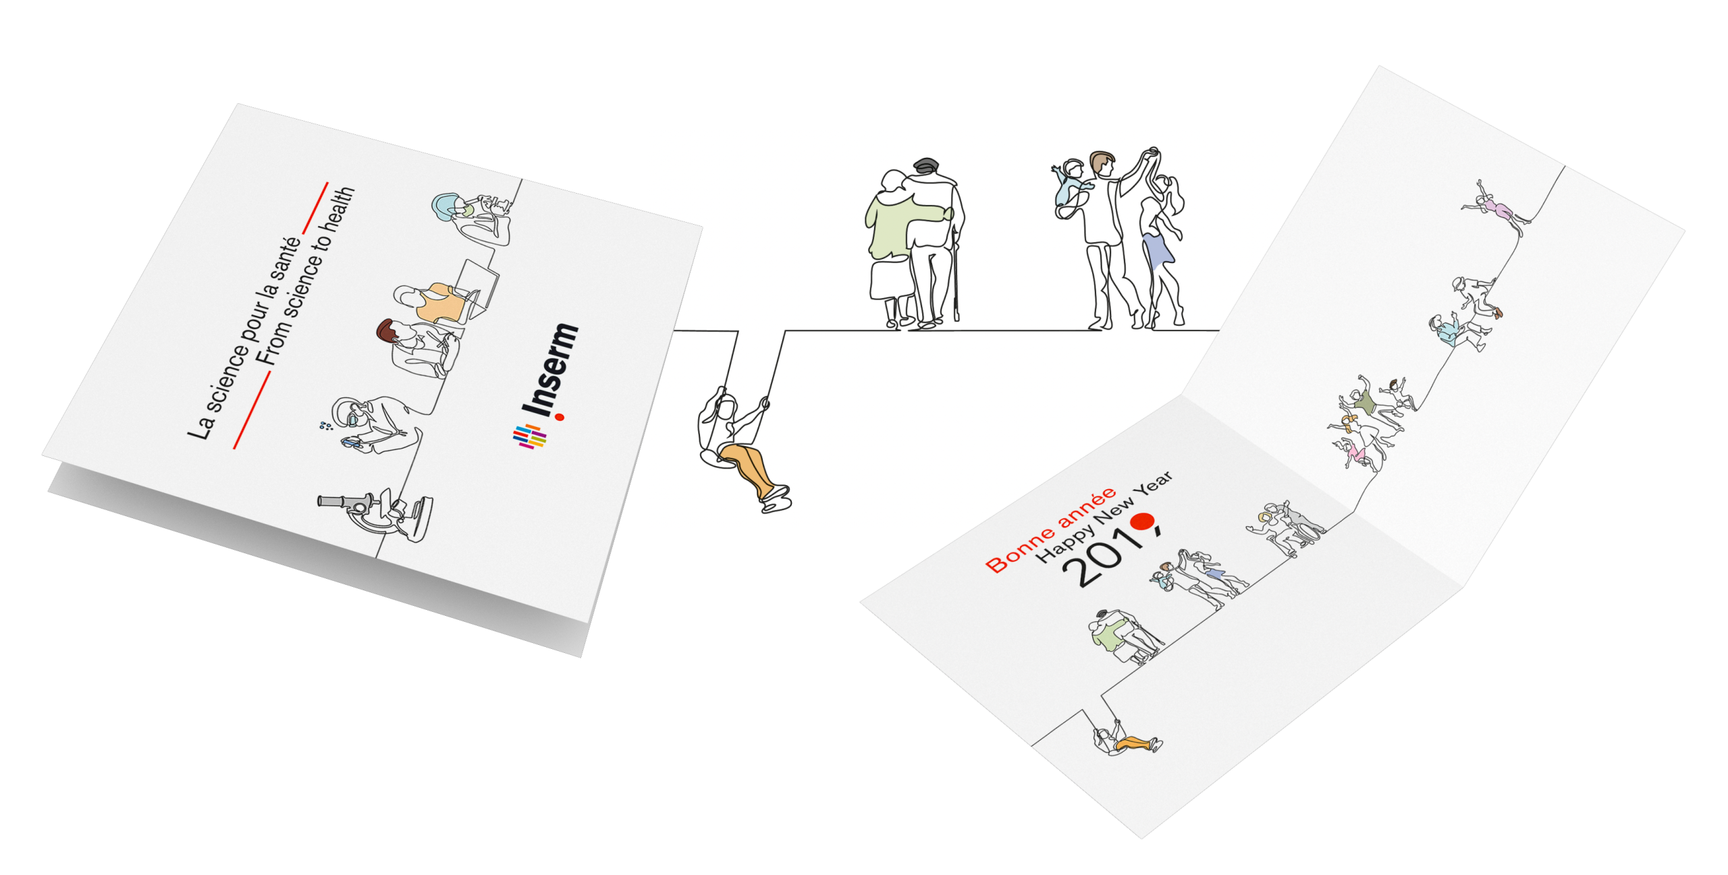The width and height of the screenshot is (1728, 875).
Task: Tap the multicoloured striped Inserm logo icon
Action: pos(530,436)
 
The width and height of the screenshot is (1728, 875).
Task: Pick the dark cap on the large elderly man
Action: pos(925,164)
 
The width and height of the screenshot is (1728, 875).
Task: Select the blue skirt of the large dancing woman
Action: pos(1157,250)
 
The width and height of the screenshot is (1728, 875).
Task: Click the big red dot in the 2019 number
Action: pos(1143,521)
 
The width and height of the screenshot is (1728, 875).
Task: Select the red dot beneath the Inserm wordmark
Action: pos(559,418)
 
